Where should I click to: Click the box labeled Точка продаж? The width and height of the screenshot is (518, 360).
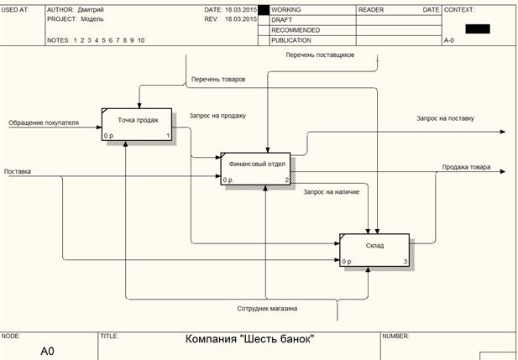coord(137,123)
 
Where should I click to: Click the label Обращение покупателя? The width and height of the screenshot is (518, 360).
coord(44,123)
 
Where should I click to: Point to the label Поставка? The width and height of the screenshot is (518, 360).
coord(18,171)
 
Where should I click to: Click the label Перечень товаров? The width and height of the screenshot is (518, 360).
coord(218,79)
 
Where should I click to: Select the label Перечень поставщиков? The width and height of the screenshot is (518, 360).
coord(320,55)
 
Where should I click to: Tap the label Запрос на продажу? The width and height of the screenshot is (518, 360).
coord(217,116)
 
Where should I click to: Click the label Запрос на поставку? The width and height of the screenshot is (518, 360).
coord(445,118)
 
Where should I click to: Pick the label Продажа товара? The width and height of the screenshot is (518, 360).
coord(467,167)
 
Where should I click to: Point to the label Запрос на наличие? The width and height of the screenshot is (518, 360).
coord(332,192)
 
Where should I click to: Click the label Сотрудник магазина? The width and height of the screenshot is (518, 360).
coord(267,308)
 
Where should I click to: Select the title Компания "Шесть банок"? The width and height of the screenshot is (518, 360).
coord(249,339)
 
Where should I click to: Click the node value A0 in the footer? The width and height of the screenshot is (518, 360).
coord(47,351)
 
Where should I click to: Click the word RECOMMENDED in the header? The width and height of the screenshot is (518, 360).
coord(296,29)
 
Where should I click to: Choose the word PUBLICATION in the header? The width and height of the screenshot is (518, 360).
coord(291,39)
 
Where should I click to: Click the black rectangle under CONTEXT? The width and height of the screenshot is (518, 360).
coord(476,29)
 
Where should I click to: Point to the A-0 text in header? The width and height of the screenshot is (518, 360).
coord(450,39)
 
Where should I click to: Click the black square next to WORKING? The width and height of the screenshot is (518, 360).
coord(264,10)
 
